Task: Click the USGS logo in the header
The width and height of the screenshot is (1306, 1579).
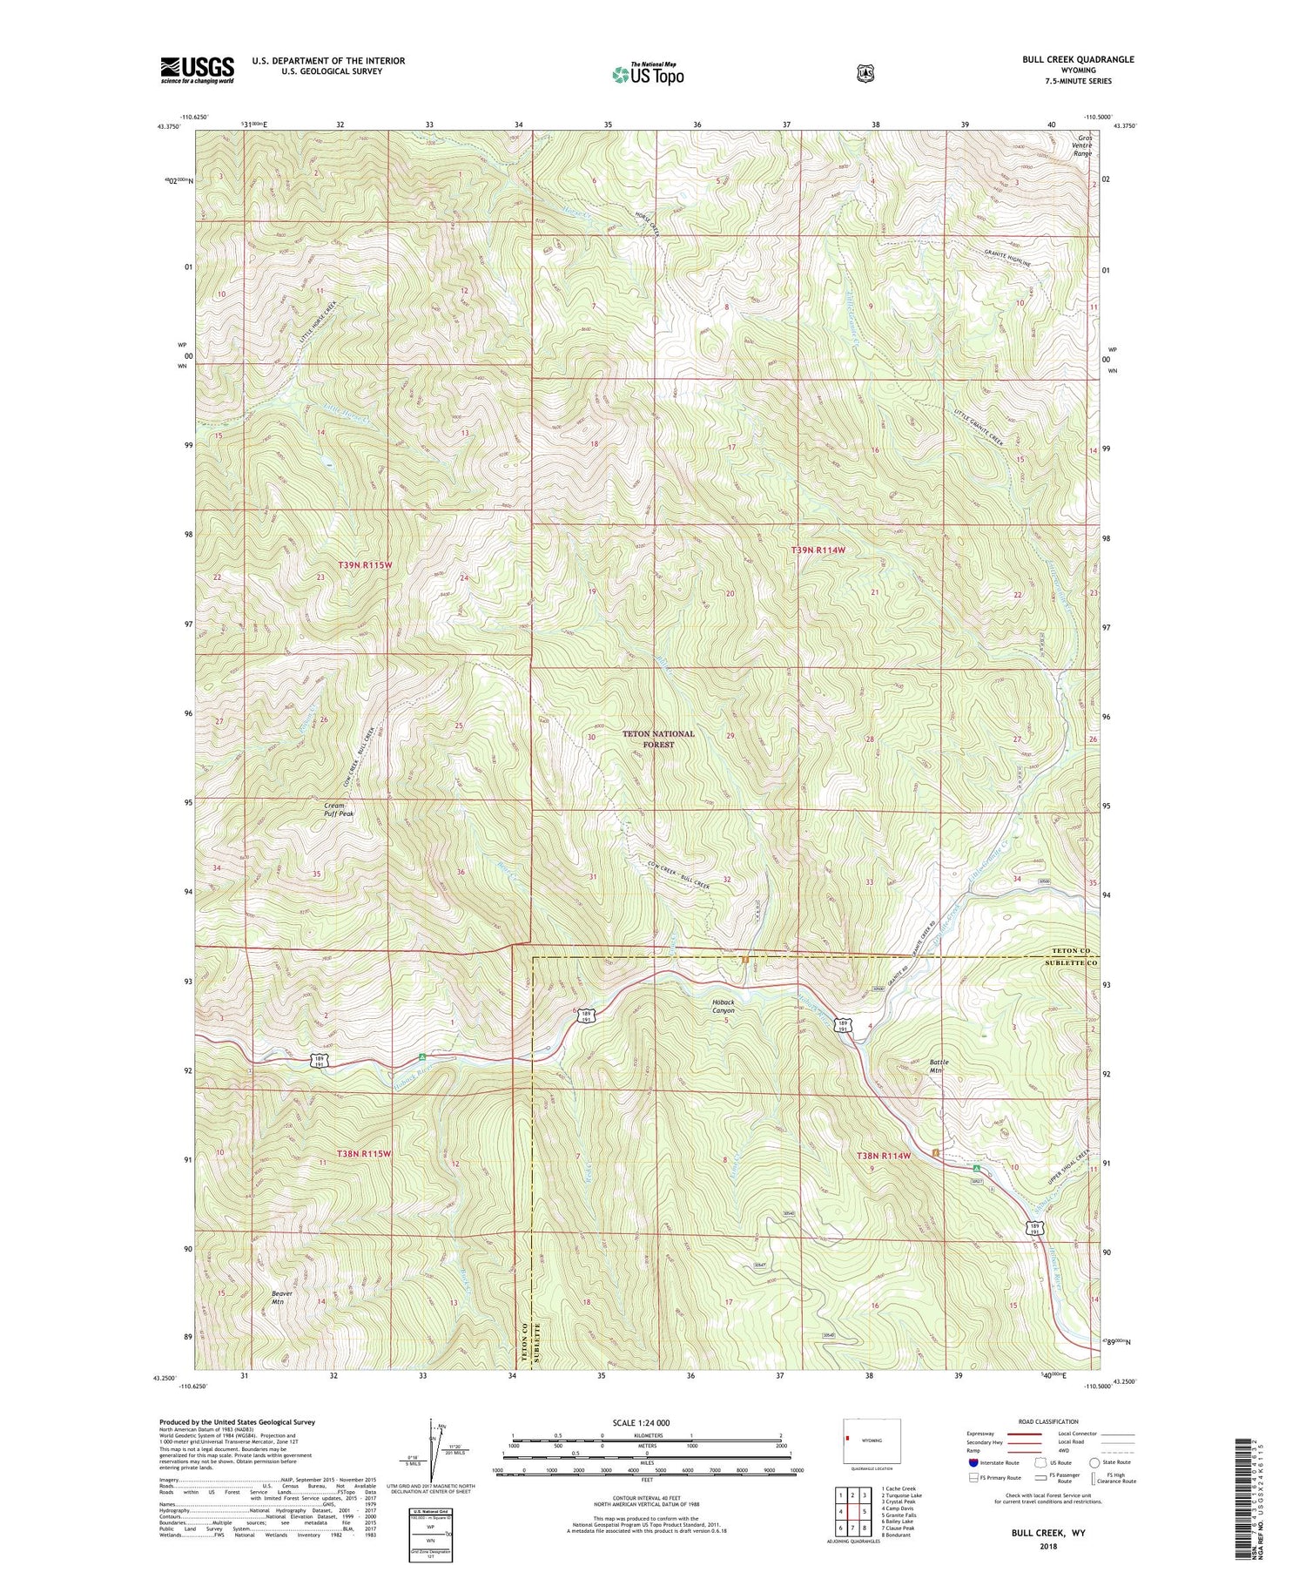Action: pyautogui.click(x=197, y=70)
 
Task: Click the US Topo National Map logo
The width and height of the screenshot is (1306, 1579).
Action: pyautogui.click(x=648, y=73)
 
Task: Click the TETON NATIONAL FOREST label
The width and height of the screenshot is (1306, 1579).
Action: pyautogui.click(x=658, y=739)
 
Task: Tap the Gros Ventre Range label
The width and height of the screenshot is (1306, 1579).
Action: pyautogui.click(x=1083, y=145)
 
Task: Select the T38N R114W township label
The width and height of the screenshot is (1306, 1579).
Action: pyautogui.click(x=884, y=1155)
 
